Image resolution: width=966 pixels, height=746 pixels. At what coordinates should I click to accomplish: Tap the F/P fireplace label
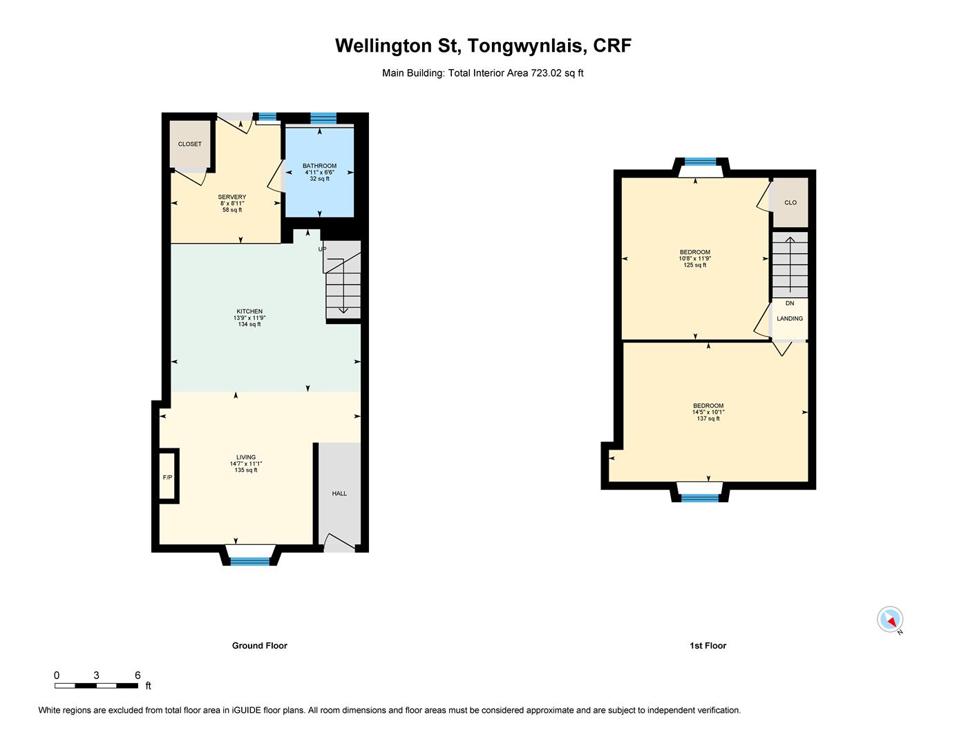coord(167,477)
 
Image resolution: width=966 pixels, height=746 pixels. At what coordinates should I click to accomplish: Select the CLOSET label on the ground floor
coord(190,144)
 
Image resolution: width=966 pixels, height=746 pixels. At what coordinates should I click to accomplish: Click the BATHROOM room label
coord(320,166)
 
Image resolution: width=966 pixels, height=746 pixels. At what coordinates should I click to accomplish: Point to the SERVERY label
coord(232,197)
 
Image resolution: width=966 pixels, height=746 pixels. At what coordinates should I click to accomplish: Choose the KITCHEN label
coord(249,312)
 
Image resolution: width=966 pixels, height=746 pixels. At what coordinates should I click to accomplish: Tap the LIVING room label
coord(246,457)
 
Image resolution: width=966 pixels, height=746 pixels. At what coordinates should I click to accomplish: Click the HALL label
coord(339,493)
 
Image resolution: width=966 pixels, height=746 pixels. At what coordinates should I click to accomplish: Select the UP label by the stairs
coord(322,249)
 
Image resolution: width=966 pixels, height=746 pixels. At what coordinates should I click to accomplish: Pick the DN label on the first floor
coord(790,303)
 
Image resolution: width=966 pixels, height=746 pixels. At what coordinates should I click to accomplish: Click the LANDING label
coord(790,318)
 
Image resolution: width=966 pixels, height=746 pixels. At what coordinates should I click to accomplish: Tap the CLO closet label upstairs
coord(790,202)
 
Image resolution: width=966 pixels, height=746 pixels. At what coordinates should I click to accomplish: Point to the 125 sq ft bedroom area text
coord(695,265)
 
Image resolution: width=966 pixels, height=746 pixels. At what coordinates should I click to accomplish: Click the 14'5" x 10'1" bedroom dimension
coord(708,412)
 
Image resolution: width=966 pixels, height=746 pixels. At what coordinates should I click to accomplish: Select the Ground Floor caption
coord(260,646)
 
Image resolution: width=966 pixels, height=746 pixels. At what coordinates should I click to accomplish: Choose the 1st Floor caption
coord(708,646)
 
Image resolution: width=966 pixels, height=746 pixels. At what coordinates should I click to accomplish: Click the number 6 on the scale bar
coord(138,676)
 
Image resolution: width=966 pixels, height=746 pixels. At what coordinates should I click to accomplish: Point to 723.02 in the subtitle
coord(547,73)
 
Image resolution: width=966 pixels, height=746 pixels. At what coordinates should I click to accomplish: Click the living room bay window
coord(249,561)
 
